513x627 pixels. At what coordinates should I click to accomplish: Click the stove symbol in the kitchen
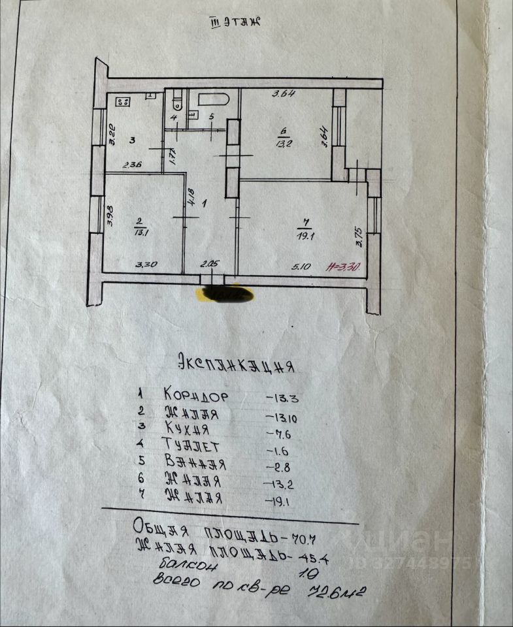123,101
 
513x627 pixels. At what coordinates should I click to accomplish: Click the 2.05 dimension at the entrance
209,265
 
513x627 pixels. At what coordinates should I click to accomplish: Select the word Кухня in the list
187,429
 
